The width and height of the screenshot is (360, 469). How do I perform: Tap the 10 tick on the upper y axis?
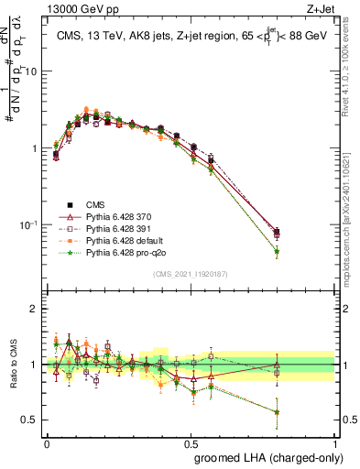tap(34, 71)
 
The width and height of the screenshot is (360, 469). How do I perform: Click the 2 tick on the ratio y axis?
tap(36, 309)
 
